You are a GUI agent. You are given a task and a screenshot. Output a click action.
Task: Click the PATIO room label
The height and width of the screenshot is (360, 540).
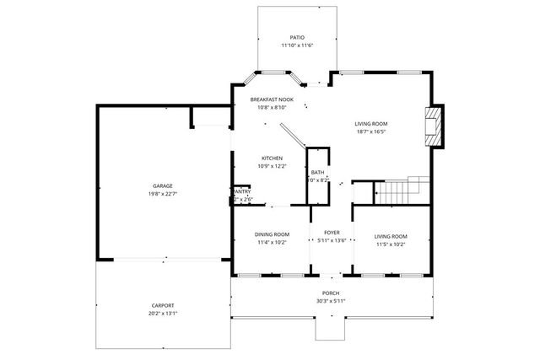[297, 38]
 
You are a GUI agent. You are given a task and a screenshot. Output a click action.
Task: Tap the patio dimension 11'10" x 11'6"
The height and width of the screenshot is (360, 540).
[297, 46]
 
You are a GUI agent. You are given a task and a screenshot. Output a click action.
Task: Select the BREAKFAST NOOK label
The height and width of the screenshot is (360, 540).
[272, 99]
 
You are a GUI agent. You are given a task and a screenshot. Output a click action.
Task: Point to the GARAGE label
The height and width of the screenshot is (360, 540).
[163, 185]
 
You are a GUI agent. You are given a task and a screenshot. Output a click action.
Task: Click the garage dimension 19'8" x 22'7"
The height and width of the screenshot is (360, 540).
[163, 193]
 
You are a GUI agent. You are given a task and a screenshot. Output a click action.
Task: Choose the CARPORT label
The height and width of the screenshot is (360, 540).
[163, 305]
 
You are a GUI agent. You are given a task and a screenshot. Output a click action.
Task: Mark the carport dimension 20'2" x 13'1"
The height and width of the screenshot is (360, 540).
[163, 313]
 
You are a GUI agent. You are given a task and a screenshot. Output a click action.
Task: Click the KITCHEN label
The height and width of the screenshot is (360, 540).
[272, 159]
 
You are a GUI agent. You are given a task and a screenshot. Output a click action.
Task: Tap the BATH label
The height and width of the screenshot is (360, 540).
[317, 172]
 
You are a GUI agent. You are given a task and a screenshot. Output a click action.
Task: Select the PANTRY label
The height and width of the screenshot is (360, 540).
[241, 191]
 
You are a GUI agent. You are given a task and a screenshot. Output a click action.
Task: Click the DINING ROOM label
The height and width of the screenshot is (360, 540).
[272, 235]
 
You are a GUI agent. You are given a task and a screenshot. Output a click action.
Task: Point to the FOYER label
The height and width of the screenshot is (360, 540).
[331, 232]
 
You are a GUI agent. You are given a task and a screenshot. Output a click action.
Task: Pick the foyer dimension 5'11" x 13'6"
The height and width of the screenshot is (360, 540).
[331, 240]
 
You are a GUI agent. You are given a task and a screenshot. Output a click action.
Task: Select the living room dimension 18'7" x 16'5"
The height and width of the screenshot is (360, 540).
[370, 132]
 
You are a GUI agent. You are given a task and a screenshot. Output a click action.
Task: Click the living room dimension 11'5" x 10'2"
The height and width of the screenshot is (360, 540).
[391, 244]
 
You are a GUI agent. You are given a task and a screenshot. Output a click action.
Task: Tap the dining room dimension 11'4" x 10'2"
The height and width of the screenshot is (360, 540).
[272, 243]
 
